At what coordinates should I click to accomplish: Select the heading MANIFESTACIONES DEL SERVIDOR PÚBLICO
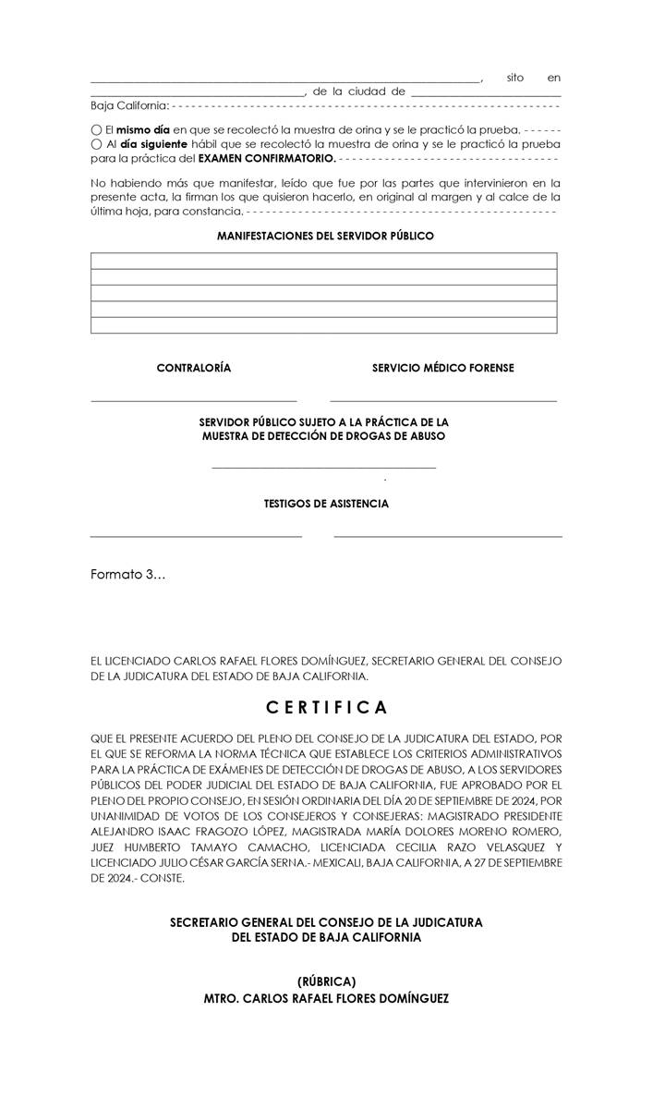coord(325,237)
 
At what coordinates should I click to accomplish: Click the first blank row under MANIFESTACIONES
coord(323,261)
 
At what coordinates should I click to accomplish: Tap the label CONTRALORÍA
coord(194,368)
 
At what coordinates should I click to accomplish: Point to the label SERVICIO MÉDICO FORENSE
coord(443,368)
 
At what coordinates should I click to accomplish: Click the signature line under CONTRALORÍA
coord(194,401)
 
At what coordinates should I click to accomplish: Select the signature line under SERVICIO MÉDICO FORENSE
coord(443,401)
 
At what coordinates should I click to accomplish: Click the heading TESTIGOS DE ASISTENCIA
coord(326,504)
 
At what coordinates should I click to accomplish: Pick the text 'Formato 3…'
coord(128,575)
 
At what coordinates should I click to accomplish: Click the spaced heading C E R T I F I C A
coord(327,708)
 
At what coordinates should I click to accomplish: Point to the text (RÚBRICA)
coord(326,981)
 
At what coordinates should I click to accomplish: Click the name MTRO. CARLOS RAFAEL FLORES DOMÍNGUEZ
coord(326,999)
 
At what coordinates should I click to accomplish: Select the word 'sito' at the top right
coord(515,78)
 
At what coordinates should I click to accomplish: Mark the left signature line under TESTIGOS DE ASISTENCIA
coord(196,536)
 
